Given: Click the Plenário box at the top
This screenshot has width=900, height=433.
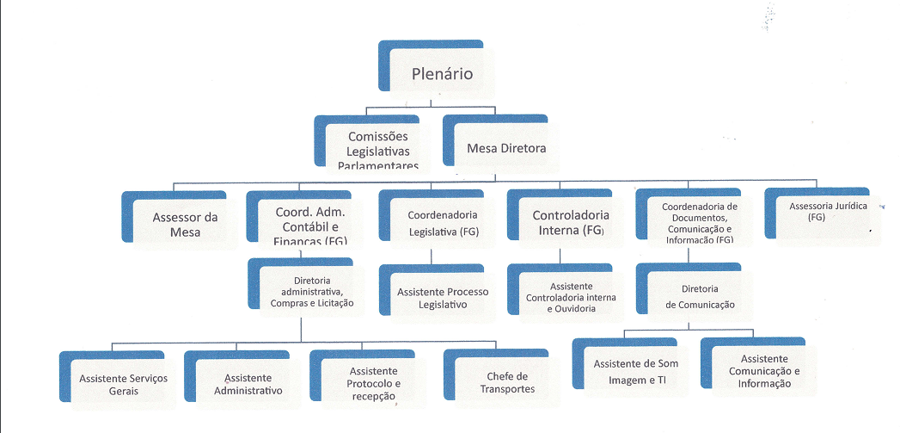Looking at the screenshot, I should coord(442,74).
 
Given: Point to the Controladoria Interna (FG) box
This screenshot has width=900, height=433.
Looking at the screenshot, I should coord(570,222).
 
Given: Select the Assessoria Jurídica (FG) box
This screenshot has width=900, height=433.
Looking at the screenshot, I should coord(822,213).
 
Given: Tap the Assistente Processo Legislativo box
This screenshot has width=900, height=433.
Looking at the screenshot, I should coord(443,298).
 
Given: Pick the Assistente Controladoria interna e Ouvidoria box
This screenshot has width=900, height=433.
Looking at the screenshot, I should coord(570,296).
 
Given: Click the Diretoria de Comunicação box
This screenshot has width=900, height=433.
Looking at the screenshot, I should coord(699,296).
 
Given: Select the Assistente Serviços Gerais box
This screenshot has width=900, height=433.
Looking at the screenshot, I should coord(123,384).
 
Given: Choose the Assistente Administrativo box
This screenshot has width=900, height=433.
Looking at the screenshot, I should coord(248,384).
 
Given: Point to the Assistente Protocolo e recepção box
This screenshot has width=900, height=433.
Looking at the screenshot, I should coord(374,384).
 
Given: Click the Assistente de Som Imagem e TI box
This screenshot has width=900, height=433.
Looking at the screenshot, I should coord(636,371).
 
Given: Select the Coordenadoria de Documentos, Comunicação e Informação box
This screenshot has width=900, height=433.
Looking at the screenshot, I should coord(699,222).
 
